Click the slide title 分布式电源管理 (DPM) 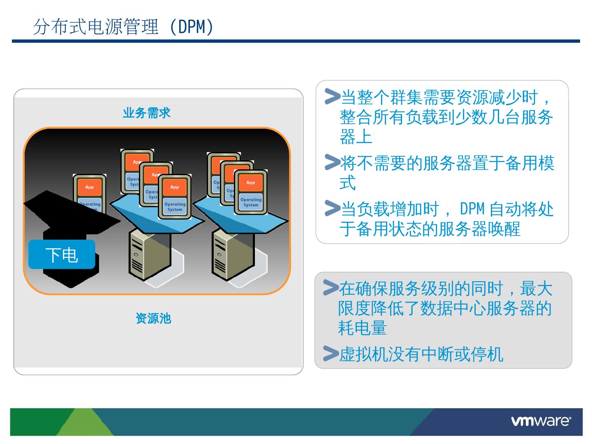pyautogui.click(x=123, y=27)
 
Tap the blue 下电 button pyautogui.click(x=62, y=255)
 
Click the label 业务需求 pyautogui.click(x=146, y=113)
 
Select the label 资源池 pyautogui.click(x=153, y=318)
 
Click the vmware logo pyautogui.click(x=541, y=421)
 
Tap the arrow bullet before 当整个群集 pyautogui.click(x=332, y=96)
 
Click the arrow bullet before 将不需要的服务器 pyautogui.click(x=332, y=162)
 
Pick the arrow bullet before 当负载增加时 pyautogui.click(x=332, y=208)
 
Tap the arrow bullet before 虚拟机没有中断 pyautogui.click(x=331, y=353)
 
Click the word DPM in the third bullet pyautogui.click(x=472, y=209)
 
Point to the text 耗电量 pyautogui.click(x=362, y=328)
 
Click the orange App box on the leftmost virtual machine pyautogui.click(x=89, y=187)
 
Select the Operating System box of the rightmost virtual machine pyautogui.click(x=251, y=202)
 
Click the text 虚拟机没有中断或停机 pyautogui.click(x=421, y=354)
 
